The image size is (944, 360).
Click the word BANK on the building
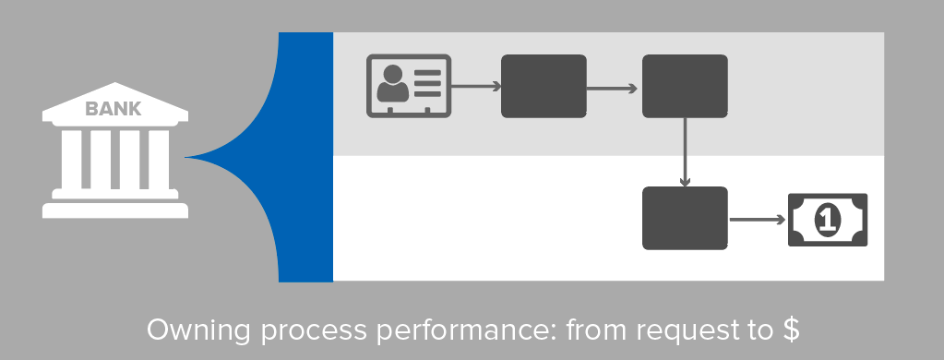tap(114, 110)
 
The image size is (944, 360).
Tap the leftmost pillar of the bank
tap(66, 158)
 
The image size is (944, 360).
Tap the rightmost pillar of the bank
tap(161, 158)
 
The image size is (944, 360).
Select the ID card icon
tap(409, 86)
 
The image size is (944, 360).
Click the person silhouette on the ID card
tap(392, 86)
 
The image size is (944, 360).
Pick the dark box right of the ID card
tap(544, 86)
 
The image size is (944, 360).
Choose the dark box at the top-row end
tap(685, 86)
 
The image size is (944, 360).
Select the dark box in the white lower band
tap(685, 218)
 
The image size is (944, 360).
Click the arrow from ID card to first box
tap(475, 87)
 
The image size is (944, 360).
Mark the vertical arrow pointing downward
tap(685, 152)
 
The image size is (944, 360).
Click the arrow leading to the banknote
tap(757, 221)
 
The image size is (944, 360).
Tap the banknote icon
tap(828, 220)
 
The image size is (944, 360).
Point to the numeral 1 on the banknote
tap(828, 220)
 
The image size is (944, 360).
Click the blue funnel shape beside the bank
tap(277, 157)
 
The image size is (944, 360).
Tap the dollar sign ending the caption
tap(790, 330)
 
